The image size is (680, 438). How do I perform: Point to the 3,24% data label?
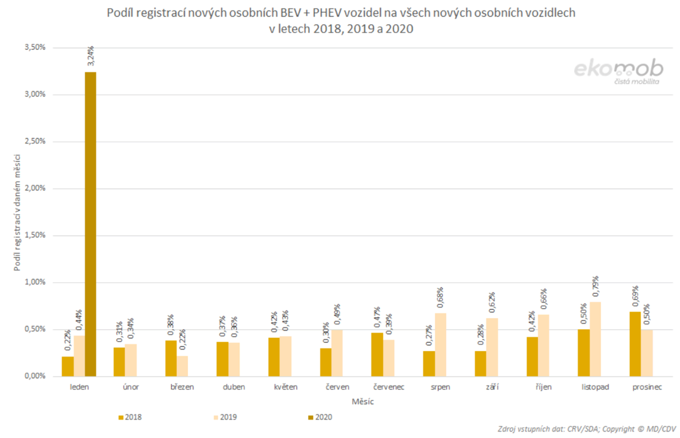(x=91, y=56)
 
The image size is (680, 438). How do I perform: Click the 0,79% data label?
(x=596, y=287)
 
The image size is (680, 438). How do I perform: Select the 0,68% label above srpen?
(x=440, y=298)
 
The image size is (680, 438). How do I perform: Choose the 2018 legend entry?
(x=130, y=417)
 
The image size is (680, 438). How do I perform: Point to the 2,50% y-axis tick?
(x=35, y=141)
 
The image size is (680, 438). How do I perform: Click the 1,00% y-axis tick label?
(x=35, y=282)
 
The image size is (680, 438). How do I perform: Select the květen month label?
(x=286, y=387)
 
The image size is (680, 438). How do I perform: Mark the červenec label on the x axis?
(x=388, y=387)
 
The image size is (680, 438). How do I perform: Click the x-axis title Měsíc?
(x=363, y=401)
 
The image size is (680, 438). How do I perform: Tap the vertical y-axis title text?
(x=17, y=212)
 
